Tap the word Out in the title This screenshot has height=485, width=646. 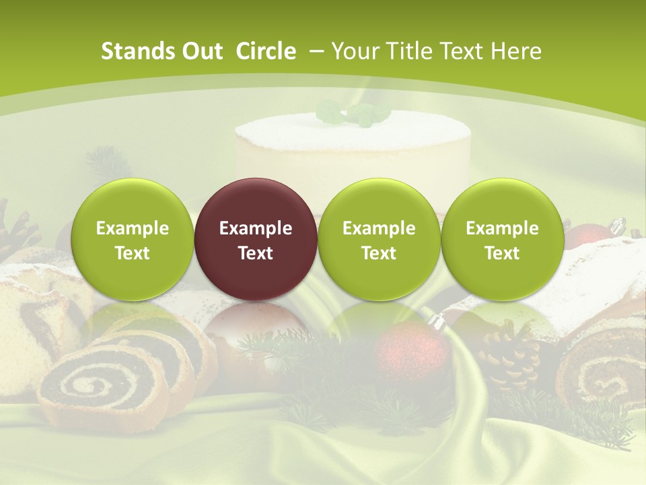(x=201, y=51)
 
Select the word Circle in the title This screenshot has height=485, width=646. (x=266, y=51)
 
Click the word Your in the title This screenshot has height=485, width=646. (x=355, y=51)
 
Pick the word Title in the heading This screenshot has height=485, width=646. (x=405, y=51)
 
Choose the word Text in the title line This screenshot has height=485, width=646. (x=458, y=51)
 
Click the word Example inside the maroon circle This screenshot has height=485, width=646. (x=256, y=228)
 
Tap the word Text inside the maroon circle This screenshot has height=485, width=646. (x=256, y=253)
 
